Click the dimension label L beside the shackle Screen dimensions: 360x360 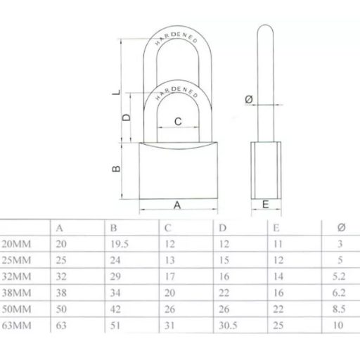tap(119, 90)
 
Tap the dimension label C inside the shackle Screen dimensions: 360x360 tap(178, 121)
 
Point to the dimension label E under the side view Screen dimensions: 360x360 tap(266, 205)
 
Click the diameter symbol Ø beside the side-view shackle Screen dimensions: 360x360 tap(248, 101)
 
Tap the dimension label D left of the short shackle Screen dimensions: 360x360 tap(127, 117)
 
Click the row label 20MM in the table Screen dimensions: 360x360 tap(15, 243)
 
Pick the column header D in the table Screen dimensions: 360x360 tap(222, 227)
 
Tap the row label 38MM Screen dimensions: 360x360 tap(15, 292)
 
